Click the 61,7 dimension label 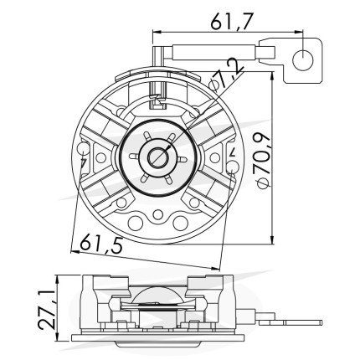231,22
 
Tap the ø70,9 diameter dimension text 263,161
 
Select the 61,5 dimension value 101,244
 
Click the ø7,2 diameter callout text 227,75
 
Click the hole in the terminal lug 303,60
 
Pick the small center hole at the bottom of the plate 158,214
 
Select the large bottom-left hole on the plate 136,223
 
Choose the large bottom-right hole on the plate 181,223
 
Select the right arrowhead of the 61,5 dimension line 215,269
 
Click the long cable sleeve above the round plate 214,52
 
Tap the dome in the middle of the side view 158,296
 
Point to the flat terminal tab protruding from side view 291,322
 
